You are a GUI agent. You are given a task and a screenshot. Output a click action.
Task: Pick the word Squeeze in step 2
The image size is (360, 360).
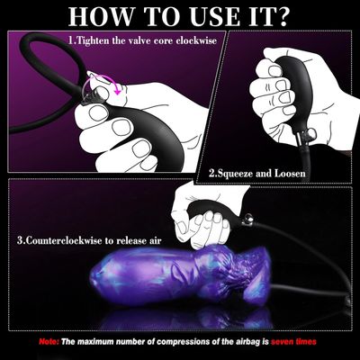[x=237, y=171]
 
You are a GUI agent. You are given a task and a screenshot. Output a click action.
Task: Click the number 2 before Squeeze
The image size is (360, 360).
[x=211, y=171]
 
